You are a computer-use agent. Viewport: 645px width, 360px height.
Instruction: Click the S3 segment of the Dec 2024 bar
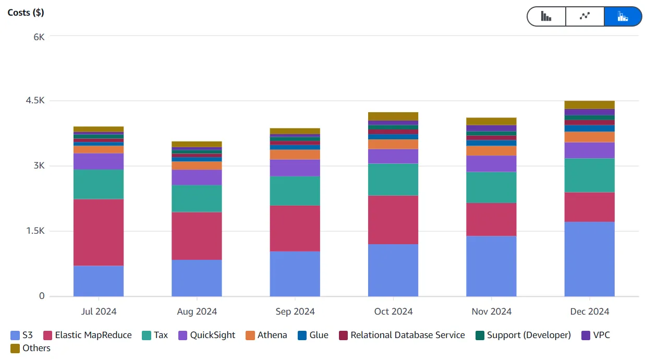(589, 259)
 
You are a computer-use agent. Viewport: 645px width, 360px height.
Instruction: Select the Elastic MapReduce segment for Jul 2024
(99, 232)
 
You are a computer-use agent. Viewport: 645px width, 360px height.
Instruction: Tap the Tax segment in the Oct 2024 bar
(393, 179)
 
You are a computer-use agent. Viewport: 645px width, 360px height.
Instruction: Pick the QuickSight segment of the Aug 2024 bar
(197, 177)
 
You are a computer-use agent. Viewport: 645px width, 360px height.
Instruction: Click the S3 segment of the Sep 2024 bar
(295, 274)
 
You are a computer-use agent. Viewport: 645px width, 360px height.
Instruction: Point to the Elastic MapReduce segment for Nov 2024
(491, 219)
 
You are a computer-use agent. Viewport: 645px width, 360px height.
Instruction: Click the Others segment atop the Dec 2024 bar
(589, 104)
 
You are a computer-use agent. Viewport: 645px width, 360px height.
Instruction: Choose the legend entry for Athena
(266, 335)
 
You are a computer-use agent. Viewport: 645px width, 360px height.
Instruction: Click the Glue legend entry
(313, 335)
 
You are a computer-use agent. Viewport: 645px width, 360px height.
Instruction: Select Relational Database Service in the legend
(401, 335)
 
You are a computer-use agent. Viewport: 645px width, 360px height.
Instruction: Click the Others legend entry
(30, 348)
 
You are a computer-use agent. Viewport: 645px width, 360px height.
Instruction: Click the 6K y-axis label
(39, 37)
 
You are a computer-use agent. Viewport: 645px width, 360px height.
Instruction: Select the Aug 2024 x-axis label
(197, 311)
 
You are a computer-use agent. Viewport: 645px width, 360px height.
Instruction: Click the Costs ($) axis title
(26, 13)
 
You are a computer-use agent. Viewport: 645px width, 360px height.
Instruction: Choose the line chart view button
(585, 16)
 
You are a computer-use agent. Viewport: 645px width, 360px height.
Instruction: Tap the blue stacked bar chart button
(623, 16)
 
